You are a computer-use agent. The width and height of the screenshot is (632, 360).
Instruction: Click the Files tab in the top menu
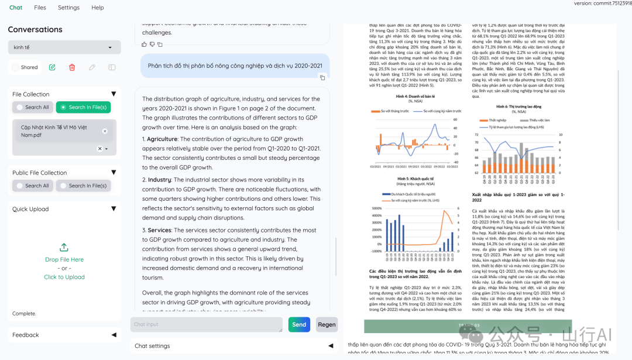click(40, 8)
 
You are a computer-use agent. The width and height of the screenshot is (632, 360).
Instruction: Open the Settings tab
click(68, 8)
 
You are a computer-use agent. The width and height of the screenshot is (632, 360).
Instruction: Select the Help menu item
click(98, 8)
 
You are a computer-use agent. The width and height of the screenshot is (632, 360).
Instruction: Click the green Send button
click(299, 324)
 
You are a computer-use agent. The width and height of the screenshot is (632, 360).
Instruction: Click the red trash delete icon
click(72, 67)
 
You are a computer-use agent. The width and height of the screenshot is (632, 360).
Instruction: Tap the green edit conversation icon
click(52, 67)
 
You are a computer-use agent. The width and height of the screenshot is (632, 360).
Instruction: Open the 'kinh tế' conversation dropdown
click(64, 47)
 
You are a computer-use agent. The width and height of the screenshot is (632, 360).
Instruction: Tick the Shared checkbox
click(16, 67)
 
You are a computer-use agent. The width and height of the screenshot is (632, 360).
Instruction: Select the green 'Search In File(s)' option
click(83, 107)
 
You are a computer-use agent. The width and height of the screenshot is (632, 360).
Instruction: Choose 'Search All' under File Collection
click(33, 107)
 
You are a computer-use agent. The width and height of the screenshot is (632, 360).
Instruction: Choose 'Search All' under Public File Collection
click(33, 186)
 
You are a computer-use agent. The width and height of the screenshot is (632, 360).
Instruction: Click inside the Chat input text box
click(206, 324)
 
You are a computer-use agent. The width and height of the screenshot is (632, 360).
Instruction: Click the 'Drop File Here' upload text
click(64, 259)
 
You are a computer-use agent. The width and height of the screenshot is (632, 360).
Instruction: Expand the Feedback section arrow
click(114, 335)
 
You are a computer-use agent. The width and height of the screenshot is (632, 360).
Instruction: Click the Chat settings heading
click(152, 346)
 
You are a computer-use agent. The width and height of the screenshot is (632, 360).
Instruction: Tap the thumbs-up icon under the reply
click(145, 44)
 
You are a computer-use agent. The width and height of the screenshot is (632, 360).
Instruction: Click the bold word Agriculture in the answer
click(162, 139)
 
